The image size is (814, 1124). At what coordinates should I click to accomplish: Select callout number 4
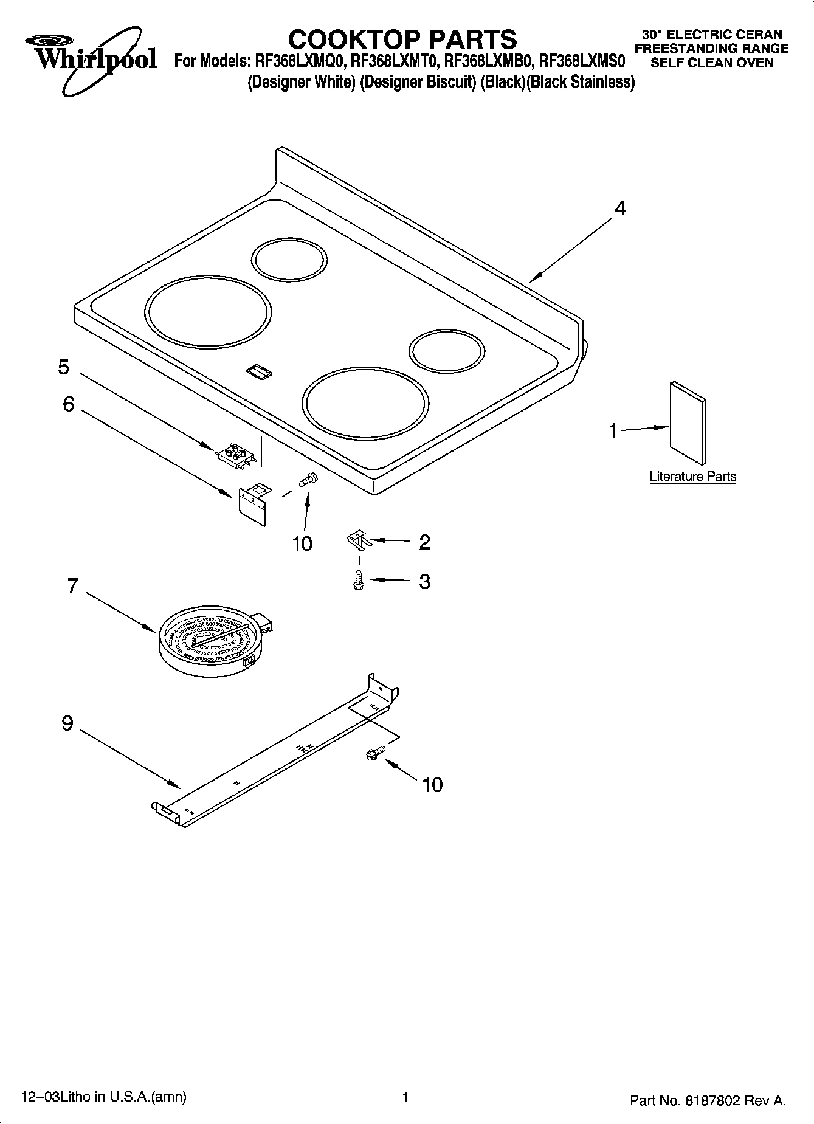tap(619, 209)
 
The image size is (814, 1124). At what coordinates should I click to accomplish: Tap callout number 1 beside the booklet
tap(613, 431)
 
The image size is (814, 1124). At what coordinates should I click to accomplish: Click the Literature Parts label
tap(692, 477)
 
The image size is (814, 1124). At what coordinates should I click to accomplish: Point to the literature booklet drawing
tap(688, 423)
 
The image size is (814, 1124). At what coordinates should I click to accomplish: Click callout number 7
tap(72, 586)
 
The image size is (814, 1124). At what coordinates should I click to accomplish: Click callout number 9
tap(67, 723)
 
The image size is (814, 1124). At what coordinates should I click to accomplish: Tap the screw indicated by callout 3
tap(359, 581)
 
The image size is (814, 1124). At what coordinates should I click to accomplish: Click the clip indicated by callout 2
tap(359, 539)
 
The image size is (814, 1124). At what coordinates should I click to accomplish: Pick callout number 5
tap(64, 367)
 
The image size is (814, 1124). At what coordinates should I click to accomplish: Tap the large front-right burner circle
tap(365, 402)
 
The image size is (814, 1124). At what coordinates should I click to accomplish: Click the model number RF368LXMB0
tap(489, 61)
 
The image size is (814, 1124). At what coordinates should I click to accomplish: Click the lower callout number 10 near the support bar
tap(432, 785)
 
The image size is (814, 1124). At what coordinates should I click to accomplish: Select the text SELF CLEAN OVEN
tap(711, 63)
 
